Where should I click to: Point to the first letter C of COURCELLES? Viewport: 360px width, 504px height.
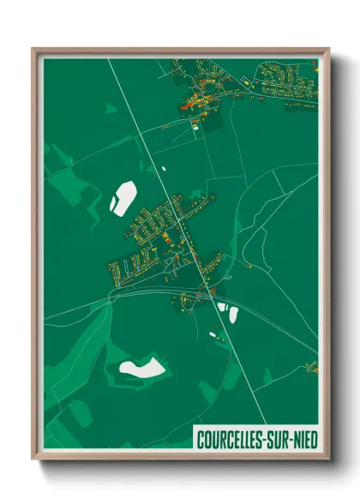pyautogui.click(x=201, y=439)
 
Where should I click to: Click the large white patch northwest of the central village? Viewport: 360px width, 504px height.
pyautogui.click(x=122, y=197)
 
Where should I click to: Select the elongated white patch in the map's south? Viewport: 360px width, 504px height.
pyautogui.click(x=141, y=369)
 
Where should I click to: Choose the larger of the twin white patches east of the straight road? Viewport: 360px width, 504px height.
pyautogui.click(x=232, y=315)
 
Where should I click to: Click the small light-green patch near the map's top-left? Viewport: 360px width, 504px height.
pyautogui.click(x=111, y=108)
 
